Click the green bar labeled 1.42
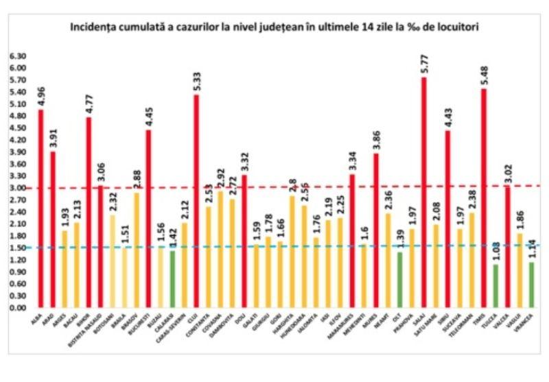172,278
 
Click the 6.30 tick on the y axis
17,56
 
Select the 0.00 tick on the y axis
17,308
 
